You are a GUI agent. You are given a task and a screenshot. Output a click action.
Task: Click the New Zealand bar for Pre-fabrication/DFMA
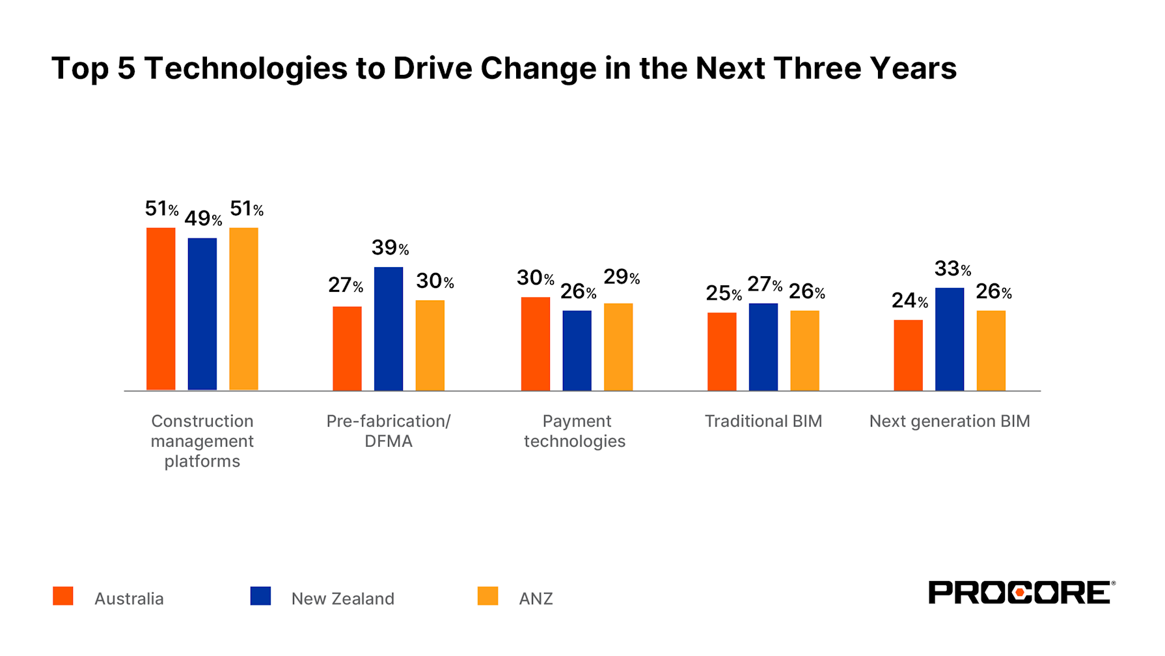click(388, 329)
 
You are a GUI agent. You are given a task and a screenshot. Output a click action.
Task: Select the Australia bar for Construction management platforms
click(161, 309)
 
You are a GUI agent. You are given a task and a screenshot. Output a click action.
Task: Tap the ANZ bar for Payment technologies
click(618, 347)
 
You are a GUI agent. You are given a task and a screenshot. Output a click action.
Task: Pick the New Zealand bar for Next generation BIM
click(949, 339)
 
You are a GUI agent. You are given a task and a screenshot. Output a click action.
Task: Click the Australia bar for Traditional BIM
click(722, 352)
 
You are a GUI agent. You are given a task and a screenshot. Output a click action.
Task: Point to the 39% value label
click(390, 248)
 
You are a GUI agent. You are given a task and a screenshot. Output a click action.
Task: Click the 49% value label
click(203, 219)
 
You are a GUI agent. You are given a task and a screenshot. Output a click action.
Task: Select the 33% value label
click(952, 268)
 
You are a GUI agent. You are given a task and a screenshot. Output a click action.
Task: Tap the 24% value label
click(909, 300)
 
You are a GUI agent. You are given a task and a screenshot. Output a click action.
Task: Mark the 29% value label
click(621, 278)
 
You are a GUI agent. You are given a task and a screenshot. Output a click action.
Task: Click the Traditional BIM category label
click(763, 421)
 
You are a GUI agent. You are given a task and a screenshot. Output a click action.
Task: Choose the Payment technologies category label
click(575, 431)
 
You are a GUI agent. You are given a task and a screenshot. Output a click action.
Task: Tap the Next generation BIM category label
click(949, 421)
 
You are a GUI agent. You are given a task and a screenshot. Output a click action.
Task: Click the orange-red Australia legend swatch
click(63, 596)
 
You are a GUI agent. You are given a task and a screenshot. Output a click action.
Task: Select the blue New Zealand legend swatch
click(260, 596)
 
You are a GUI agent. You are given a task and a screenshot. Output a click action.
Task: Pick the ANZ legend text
click(535, 599)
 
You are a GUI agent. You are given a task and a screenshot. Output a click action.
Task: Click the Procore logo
click(1021, 592)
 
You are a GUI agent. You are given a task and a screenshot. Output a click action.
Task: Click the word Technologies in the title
click(245, 68)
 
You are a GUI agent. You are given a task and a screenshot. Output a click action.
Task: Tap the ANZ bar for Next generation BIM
click(991, 350)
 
